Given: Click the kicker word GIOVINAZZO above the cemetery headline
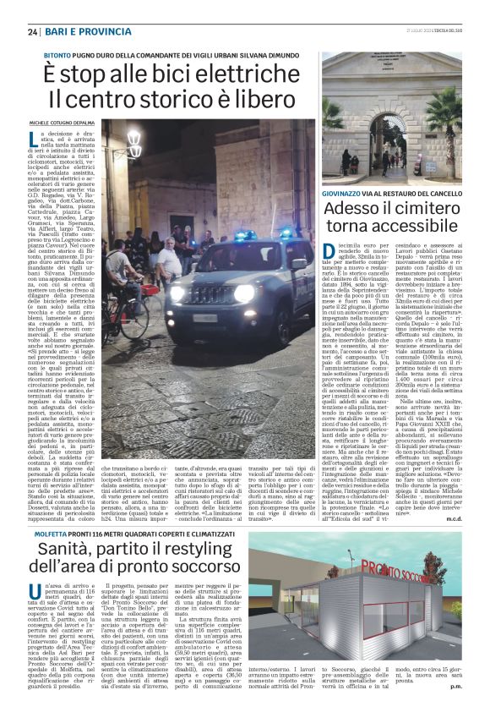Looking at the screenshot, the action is coord(346,194).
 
